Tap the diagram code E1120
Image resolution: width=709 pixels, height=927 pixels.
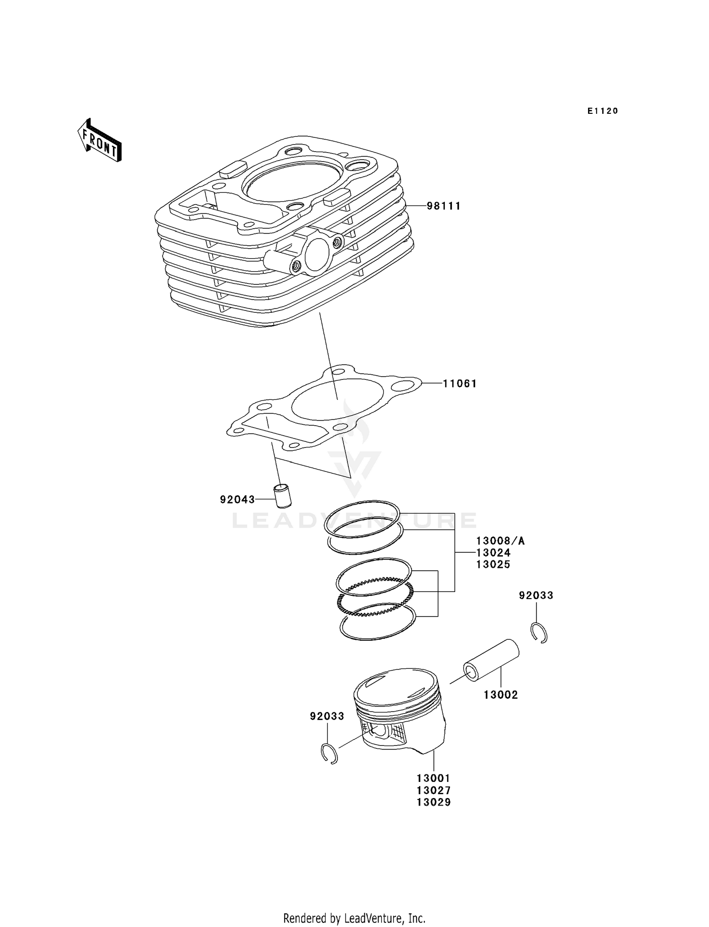click(x=603, y=111)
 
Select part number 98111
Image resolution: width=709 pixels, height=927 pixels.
click(x=443, y=206)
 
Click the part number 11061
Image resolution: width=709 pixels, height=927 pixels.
click(x=459, y=384)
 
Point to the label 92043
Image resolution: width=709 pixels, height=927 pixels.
click(x=237, y=499)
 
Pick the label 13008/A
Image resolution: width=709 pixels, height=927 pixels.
click(x=500, y=541)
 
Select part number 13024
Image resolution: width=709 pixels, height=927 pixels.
click(x=493, y=553)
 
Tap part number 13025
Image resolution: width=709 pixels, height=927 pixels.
click(x=493, y=565)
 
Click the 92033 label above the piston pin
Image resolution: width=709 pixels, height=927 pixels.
click(x=536, y=596)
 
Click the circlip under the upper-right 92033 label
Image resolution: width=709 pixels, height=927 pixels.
click(x=538, y=633)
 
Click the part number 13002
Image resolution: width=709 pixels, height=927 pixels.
click(x=501, y=695)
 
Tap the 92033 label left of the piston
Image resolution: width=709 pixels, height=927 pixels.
click(x=327, y=716)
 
